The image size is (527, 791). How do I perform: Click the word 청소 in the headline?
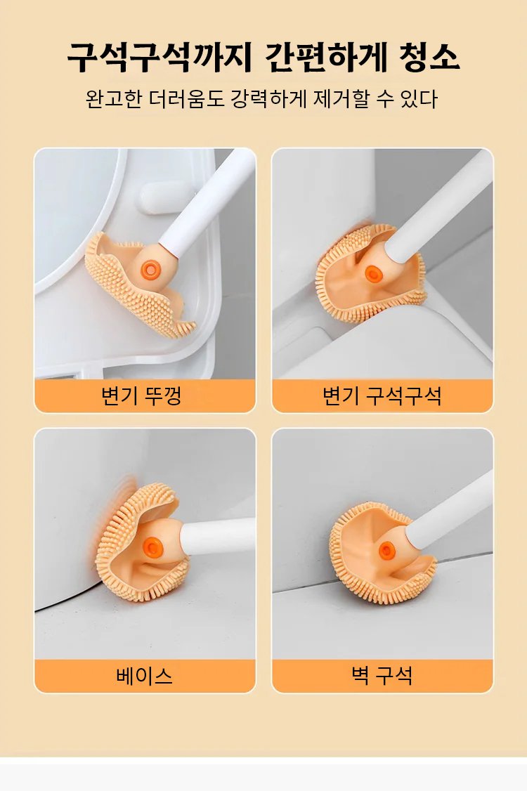pyautogui.click(x=429, y=56)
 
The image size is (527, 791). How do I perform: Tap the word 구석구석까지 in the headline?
pyautogui.click(x=159, y=56)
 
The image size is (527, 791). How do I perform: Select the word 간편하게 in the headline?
pyautogui.click(x=325, y=56)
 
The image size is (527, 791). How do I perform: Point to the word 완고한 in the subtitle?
pyautogui.click(x=114, y=99)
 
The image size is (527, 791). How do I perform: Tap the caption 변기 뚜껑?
pyautogui.click(x=141, y=395)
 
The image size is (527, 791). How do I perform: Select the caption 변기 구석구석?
pyautogui.click(x=382, y=395)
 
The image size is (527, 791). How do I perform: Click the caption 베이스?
pyautogui.click(x=144, y=676)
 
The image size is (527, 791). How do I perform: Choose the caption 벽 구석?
pyautogui.click(x=382, y=676)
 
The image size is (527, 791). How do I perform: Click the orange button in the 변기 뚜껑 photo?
pyautogui.click(x=150, y=270)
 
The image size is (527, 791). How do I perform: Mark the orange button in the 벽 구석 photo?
pyautogui.click(x=387, y=551)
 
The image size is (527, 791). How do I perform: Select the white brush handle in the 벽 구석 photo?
pyautogui.click(x=449, y=511)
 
